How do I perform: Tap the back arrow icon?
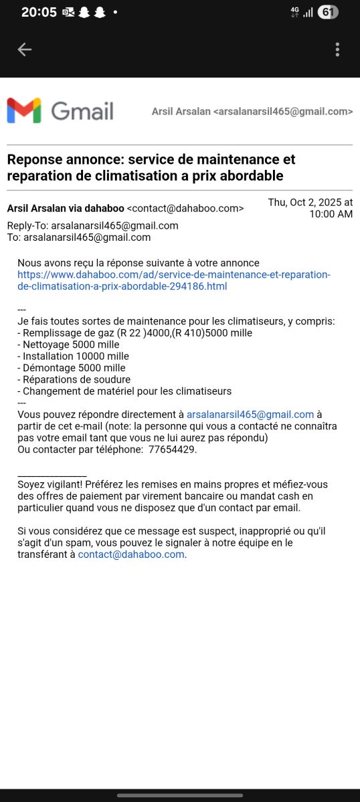pyautogui.click(x=25, y=49)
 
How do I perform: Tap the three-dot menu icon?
pyautogui.click(x=337, y=49)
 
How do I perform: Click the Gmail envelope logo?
pyautogui.click(x=24, y=110)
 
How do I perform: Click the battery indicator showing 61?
pyautogui.click(x=328, y=12)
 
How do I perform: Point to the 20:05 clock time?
pyautogui.click(x=39, y=12)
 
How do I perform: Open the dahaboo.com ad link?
pyautogui.click(x=174, y=280)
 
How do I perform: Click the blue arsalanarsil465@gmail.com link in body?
pyautogui.click(x=250, y=414)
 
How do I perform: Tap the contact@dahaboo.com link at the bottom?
pyautogui.click(x=131, y=554)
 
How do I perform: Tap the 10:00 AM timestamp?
pyautogui.click(x=331, y=214)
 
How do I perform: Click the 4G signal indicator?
pyautogui.click(x=294, y=12)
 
